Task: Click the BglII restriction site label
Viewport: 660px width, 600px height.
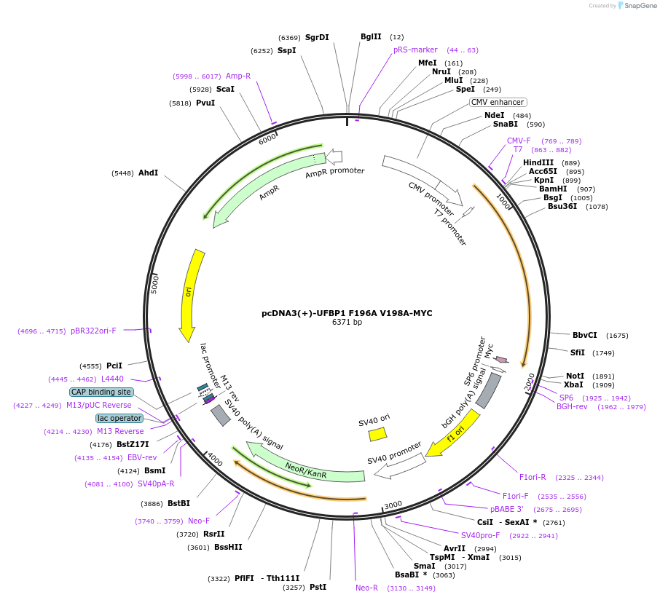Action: (x=371, y=37)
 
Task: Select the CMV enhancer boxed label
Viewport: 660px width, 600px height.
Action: (x=498, y=103)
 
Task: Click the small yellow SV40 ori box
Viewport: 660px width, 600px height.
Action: (x=377, y=434)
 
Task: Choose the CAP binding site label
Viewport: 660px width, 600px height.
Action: (x=101, y=392)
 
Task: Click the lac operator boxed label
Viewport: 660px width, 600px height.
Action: (x=119, y=418)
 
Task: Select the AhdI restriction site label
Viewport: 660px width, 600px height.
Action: (x=148, y=173)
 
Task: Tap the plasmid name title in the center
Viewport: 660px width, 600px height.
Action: (x=347, y=313)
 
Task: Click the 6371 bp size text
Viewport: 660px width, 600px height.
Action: (x=347, y=323)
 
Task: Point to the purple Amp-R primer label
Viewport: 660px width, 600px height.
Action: (x=238, y=76)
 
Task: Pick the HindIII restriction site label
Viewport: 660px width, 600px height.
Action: (x=538, y=162)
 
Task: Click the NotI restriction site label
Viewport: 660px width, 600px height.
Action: (x=575, y=376)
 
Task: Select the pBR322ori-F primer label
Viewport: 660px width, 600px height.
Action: (x=93, y=331)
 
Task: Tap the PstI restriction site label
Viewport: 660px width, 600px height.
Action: (x=318, y=587)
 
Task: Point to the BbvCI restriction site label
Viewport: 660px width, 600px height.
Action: (x=584, y=335)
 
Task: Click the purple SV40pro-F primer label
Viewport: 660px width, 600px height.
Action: (x=484, y=535)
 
